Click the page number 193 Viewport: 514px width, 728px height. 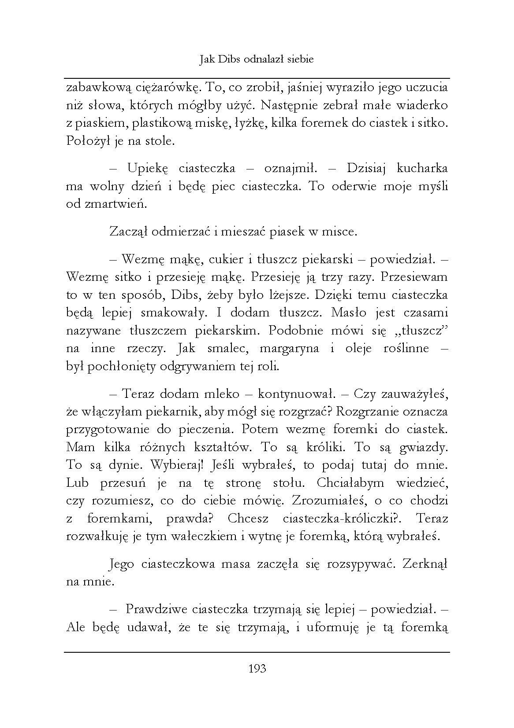tap(257, 669)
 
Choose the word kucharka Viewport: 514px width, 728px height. tap(422, 169)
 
